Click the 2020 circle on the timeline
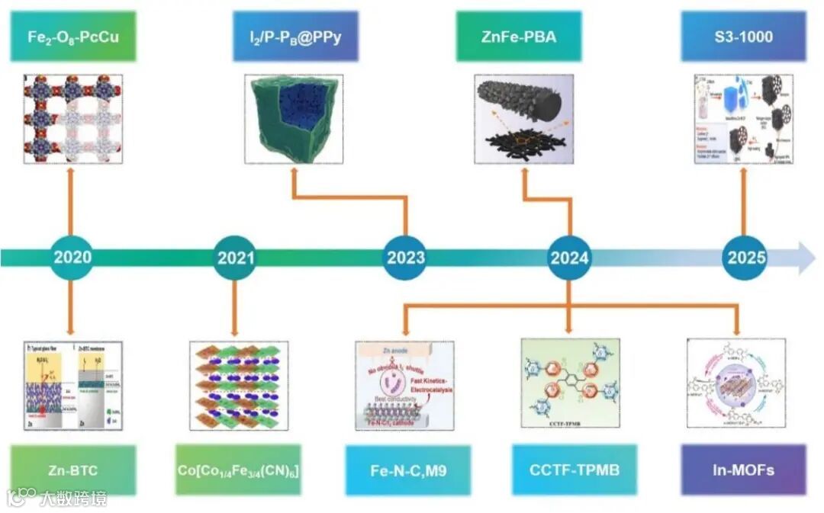(72, 257)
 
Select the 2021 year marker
(236, 258)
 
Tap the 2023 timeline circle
(405, 258)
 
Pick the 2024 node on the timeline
(570, 258)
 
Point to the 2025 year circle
(745, 258)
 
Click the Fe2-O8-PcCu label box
(73, 36)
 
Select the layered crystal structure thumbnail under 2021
(238, 386)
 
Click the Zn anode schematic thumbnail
(406, 384)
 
